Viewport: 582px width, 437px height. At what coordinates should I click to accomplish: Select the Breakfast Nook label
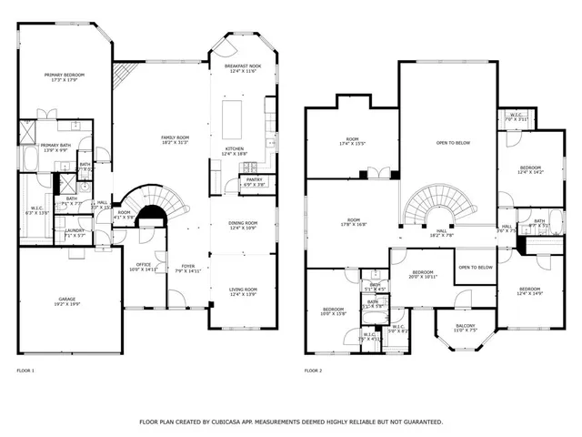coord(243,66)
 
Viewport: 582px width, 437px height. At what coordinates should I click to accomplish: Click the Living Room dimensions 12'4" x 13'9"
coord(243,295)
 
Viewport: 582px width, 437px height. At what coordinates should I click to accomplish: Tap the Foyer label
coord(187,265)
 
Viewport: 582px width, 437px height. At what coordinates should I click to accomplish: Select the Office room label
coord(143,264)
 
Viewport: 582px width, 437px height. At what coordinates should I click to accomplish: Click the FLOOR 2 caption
coord(313,371)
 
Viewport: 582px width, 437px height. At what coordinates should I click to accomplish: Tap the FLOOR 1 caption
coord(25,371)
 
